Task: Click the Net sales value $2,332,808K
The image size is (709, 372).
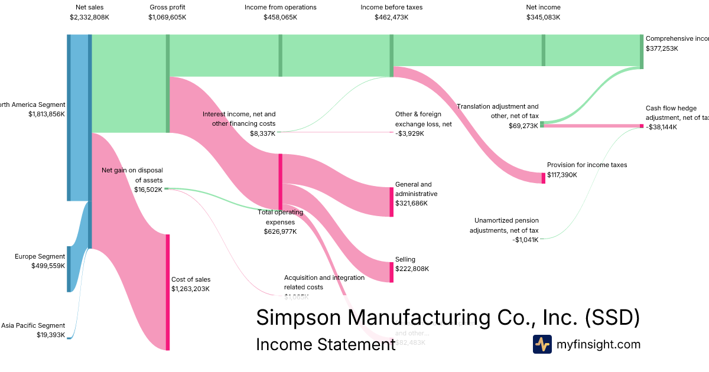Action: point(89,17)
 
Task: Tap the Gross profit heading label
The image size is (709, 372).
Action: point(167,7)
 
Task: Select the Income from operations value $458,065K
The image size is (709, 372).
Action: point(281,17)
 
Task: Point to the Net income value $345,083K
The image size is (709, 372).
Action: point(543,17)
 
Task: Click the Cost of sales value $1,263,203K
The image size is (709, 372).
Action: point(191,289)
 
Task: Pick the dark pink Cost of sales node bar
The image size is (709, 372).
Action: point(168,292)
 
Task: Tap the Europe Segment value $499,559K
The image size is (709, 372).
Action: point(48,266)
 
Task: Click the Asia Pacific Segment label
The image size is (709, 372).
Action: point(33,325)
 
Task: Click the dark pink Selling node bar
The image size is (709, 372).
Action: point(391,272)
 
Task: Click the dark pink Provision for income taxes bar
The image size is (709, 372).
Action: point(544,178)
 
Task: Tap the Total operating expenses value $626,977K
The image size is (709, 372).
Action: point(280,231)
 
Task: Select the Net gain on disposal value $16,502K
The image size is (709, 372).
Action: point(148,190)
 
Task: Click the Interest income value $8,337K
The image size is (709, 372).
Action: point(262,133)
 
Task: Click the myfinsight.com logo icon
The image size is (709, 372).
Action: point(542,344)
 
